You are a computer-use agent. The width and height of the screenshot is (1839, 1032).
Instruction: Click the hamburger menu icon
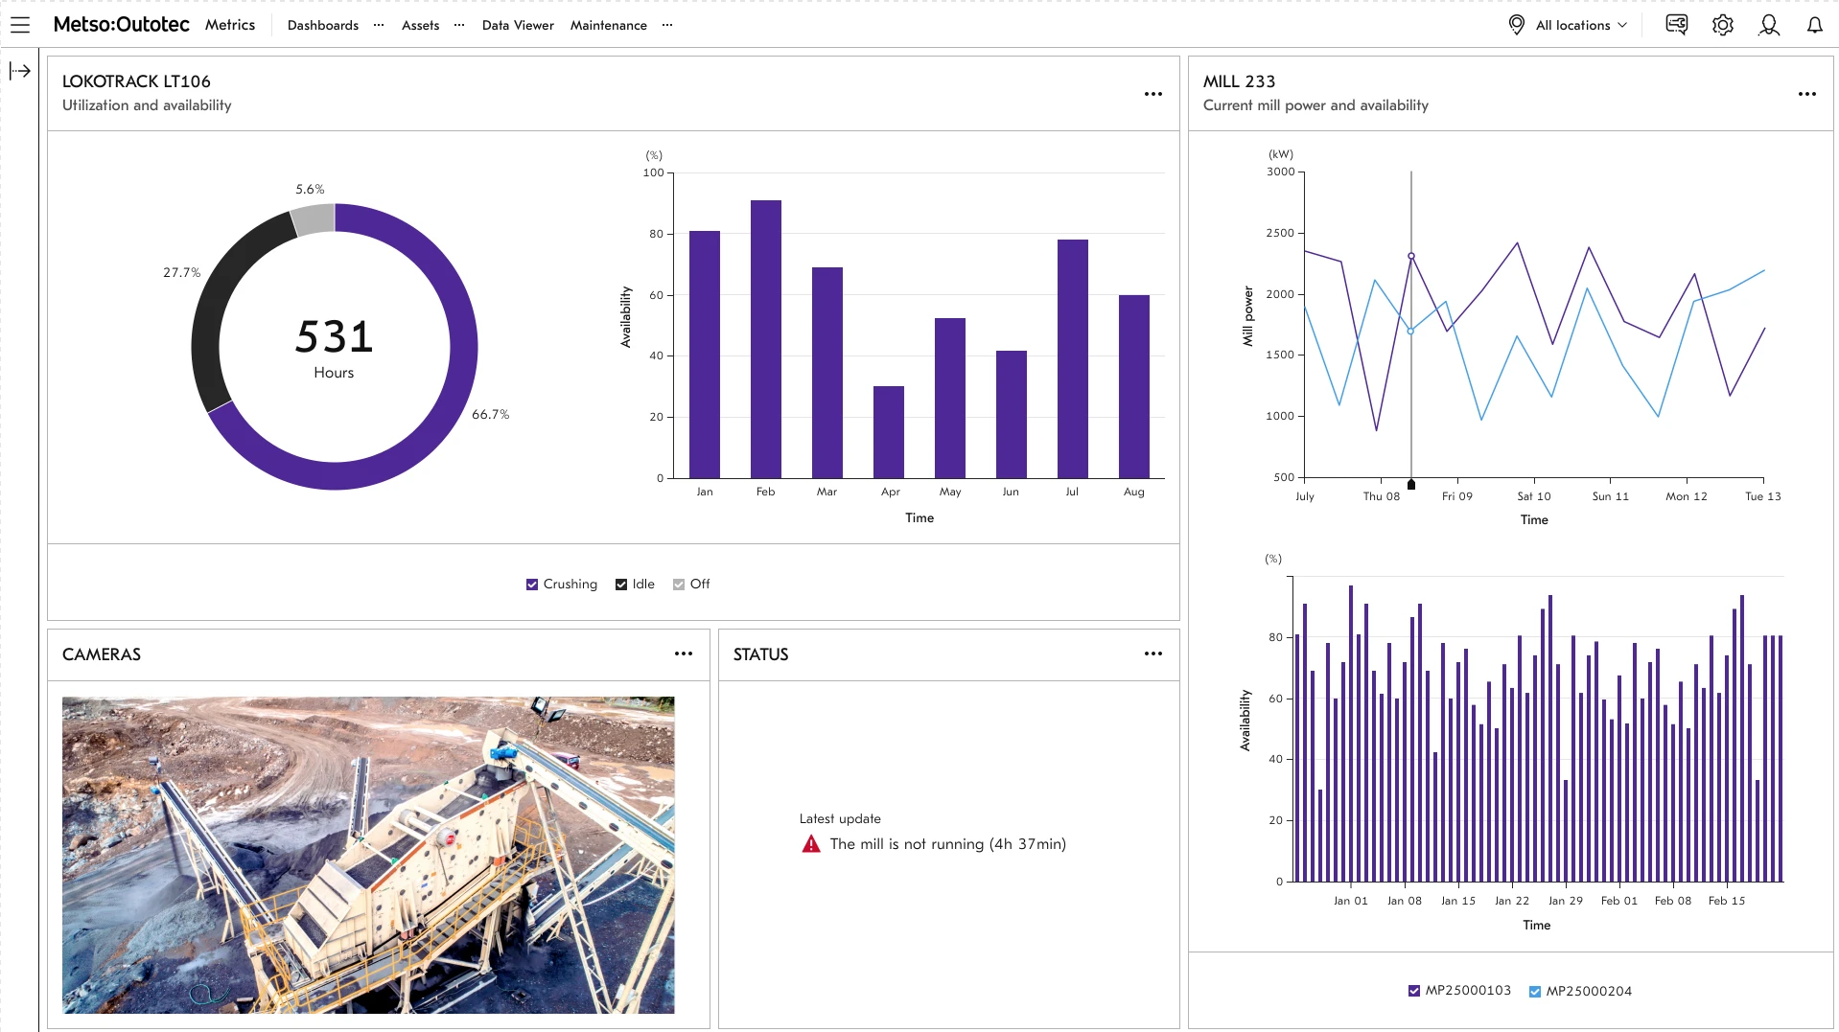tap(20, 25)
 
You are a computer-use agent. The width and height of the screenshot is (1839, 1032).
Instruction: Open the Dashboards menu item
tap(322, 25)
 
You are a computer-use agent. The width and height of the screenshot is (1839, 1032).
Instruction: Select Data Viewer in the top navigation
tap(518, 25)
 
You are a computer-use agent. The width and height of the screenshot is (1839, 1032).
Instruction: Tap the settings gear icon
tap(1722, 25)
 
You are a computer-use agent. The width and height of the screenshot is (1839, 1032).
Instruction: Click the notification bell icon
tap(1814, 25)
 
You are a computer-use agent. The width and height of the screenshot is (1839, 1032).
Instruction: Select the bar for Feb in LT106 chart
tap(765, 339)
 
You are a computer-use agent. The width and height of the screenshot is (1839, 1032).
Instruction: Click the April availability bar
tap(888, 432)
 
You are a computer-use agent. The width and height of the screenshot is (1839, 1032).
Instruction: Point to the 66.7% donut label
tap(490, 414)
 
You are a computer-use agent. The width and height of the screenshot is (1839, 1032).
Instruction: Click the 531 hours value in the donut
tap(334, 337)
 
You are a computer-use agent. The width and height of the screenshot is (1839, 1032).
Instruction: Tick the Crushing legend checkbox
tap(532, 585)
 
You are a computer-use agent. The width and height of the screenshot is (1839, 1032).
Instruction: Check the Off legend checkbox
tap(679, 585)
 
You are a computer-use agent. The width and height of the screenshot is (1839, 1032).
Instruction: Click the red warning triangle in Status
tap(811, 844)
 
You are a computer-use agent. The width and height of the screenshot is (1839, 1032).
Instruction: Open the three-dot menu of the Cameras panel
tap(683, 654)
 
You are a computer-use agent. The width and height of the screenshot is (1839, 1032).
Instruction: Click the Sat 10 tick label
tap(1533, 496)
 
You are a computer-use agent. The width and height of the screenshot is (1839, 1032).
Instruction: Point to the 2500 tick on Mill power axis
tap(1279, 233)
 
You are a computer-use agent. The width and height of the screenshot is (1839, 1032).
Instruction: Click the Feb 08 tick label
tap(1672, 901)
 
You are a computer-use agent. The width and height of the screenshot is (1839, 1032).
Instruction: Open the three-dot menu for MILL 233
tap(1806, 94)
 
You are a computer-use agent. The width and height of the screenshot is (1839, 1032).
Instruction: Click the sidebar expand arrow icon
tap(20, 71)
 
